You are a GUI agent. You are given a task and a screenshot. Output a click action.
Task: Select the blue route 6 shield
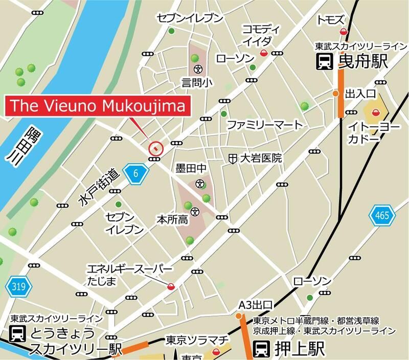[x=135, y=173]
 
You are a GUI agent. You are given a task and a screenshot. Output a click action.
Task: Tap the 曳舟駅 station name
[x=363, y=62]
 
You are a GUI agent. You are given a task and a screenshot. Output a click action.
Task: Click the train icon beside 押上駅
[x=261, y=349]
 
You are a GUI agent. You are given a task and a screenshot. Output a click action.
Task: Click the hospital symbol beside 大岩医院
[x=232, y=159]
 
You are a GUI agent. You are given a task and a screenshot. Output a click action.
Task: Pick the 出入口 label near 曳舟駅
[x=361, y=94]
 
